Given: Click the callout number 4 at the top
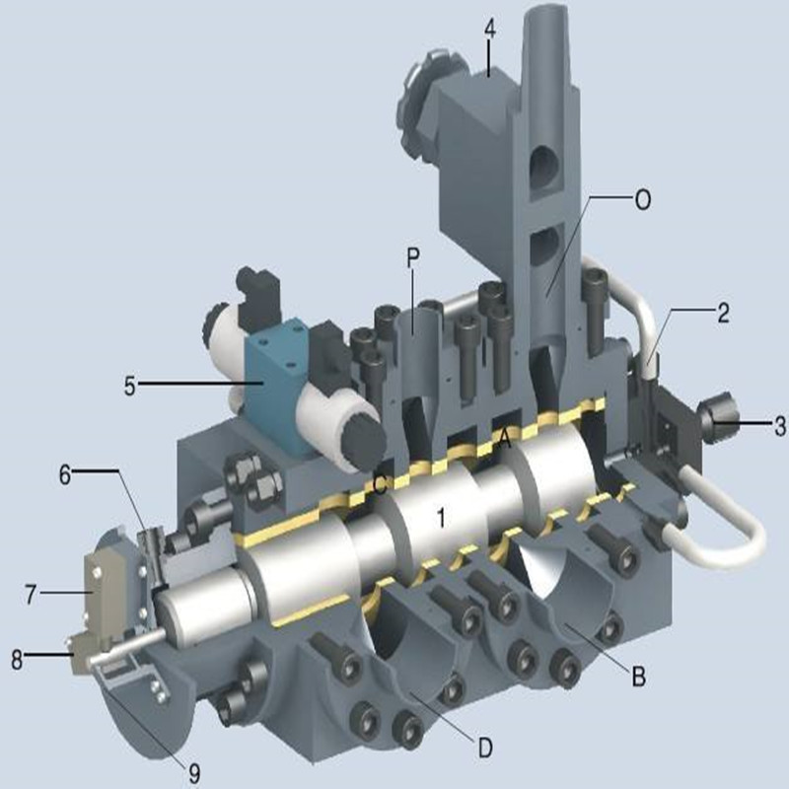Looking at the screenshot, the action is tap(489, 30).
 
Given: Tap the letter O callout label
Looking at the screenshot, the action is tap(643, 200).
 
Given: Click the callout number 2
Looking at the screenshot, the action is tap(723, 314).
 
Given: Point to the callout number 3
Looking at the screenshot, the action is tap(779, 426).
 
